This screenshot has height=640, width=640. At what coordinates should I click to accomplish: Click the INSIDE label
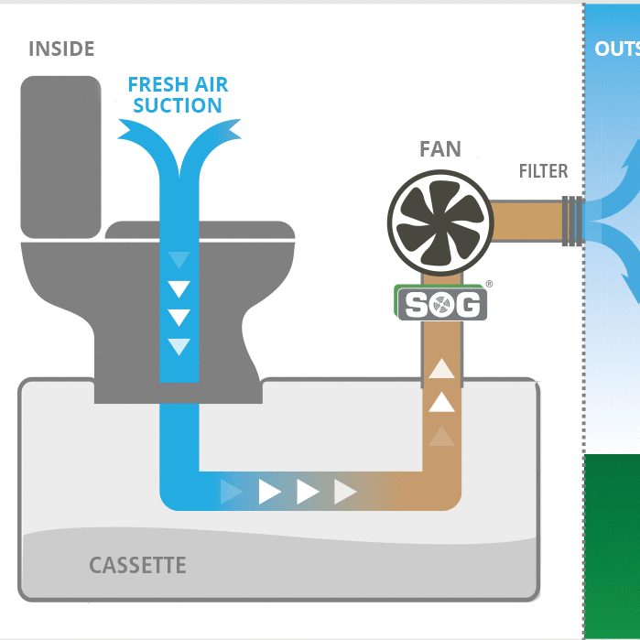[61, 49]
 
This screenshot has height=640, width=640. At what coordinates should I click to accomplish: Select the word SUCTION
[178, 106]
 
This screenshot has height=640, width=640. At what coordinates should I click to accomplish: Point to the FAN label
[440, 149]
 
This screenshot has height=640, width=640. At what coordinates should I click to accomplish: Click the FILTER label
[543, 171]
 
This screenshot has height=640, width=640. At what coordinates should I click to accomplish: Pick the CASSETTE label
[137, 565]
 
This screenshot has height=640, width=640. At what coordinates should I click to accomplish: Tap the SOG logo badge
[441, 304]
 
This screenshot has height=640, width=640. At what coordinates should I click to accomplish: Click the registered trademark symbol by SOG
[489, 285]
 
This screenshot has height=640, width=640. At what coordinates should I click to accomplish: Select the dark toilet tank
[60, 156]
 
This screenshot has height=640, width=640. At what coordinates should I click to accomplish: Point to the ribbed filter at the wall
[573, 220]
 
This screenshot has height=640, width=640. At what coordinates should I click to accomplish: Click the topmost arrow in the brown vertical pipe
[442, 369]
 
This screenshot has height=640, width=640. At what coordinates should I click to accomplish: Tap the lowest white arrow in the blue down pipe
[179, 346]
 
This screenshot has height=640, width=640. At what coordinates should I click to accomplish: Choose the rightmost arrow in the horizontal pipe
[345, 492]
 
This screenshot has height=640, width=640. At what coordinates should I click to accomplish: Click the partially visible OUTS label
[616, 49]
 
